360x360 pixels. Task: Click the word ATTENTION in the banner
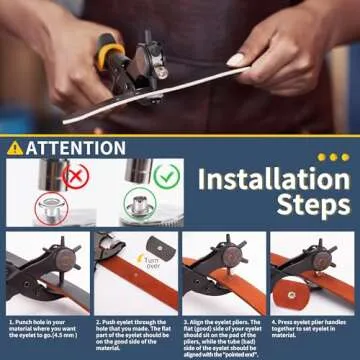pos(75,148)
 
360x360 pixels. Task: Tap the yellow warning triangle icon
pos(14,148)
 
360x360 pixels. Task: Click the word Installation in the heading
pos(272,180)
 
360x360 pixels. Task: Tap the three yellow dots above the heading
pos(333,157)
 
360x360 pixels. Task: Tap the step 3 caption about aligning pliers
pos(221,336)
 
